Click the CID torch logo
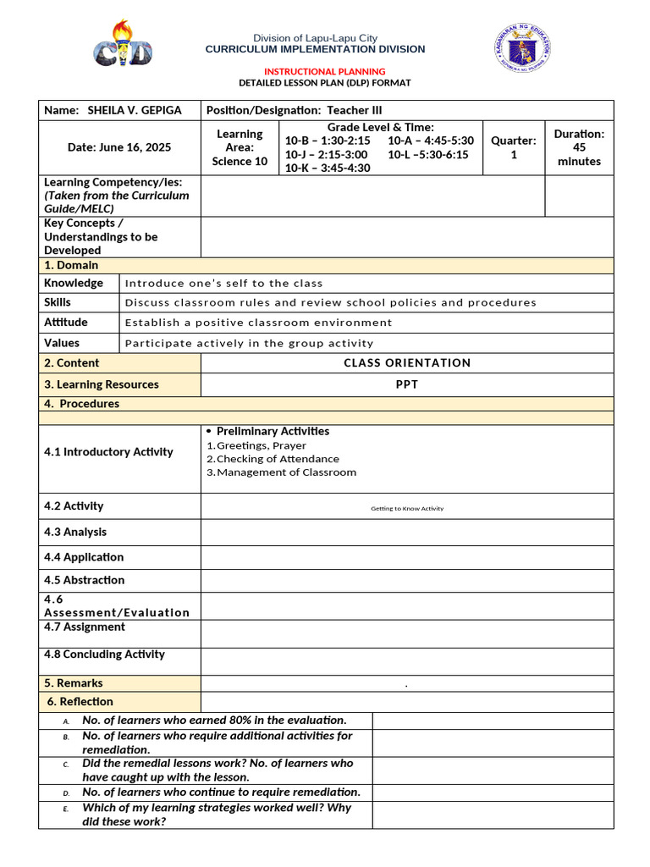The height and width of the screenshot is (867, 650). tap(123, 45)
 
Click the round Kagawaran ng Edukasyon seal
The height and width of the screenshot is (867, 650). tap(522, 48)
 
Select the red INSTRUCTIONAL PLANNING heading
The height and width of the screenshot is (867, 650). tap(325, 71)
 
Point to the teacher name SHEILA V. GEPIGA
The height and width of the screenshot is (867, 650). tap(135, 110)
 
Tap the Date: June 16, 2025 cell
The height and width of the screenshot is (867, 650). tap(119, 147)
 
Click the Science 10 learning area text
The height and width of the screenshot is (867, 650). tap(240, 161)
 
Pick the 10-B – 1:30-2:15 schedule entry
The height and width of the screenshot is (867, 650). tap(328, 141)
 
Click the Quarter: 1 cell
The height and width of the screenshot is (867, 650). tap(514, 147)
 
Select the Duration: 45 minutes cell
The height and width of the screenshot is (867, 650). tap(579, 147)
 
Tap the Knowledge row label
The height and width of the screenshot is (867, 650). tap(74, 283)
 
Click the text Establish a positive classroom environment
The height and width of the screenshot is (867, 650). tap(258, 323)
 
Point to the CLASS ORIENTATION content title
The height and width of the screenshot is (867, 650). tap(407, 363)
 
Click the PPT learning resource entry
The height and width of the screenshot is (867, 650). tap(407, 384)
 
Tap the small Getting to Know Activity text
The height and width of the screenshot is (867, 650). tap(407, 509)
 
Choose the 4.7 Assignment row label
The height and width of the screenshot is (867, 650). tap(85, 627)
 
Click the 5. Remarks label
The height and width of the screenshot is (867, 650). tap(74, 683)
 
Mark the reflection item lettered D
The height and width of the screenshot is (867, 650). tap(221, 792)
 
